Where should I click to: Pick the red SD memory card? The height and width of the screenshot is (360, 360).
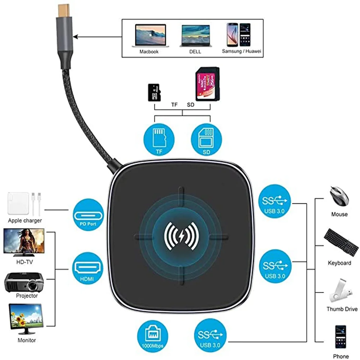[x=207, y=85]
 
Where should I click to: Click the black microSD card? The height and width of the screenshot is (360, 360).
[x=154, y=93]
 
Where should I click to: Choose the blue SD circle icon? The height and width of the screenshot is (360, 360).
[x=206, y=139]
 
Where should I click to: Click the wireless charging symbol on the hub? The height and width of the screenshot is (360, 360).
[x=182, y=236]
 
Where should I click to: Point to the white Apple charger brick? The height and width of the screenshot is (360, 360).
[x=18, y=204]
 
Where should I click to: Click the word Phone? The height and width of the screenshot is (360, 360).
[x=341, y=356]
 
